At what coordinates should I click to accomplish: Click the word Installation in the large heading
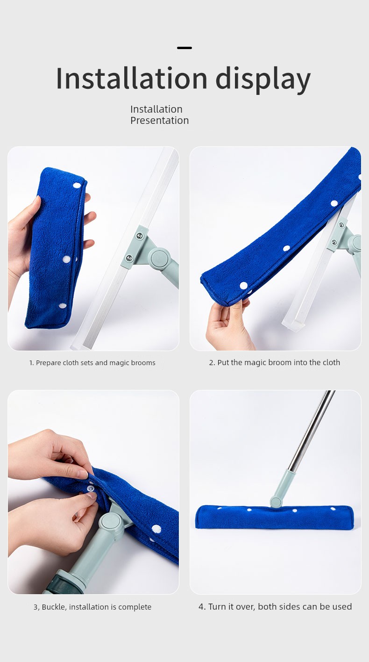[131, 78]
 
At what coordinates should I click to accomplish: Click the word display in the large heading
[263, 80]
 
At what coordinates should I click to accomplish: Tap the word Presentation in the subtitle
[159, 121]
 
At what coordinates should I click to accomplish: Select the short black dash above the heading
[184, 48]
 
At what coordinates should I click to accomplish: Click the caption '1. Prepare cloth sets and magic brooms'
[92, 363]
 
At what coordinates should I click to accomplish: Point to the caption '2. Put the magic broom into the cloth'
[275, 363]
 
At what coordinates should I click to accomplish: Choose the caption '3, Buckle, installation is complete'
[92, 607]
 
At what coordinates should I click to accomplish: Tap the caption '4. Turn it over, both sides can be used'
[275, 607]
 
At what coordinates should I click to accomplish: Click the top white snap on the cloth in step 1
[77, 186]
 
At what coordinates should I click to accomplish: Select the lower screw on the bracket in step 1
[129, 258]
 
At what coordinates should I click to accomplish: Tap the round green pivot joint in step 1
[160, 258]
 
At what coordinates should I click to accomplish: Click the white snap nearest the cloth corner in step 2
[243, 286]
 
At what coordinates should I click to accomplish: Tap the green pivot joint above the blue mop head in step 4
[276, 502]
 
